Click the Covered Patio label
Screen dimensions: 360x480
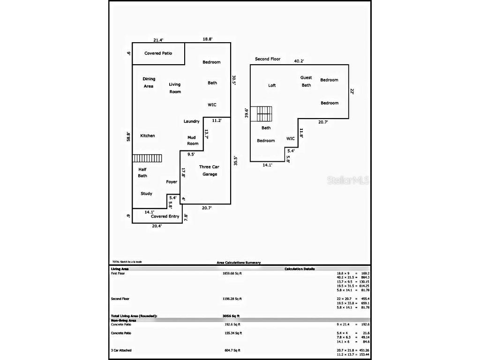tap(158, 53)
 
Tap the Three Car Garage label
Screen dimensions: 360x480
tap(209, 171)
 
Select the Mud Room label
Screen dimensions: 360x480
tap(193, 140)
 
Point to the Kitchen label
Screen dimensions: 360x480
tap(147, 136)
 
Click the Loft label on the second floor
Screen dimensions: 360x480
tap(272, 86)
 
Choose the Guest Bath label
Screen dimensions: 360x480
tap(306, 82)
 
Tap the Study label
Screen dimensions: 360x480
tap(146, 194)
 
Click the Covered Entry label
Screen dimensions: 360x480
tap(165, 217)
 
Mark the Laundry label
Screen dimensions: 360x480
tap(191, 121)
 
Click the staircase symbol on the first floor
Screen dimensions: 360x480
tap(147, 158)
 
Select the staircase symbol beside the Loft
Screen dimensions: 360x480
tap(261, 114)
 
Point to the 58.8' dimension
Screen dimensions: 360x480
tap(128, 136)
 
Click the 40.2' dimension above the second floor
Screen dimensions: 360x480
tap(299, 60)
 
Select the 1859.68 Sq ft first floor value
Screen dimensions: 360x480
tap(232, 273)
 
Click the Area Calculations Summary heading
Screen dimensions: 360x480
tap(239, 263)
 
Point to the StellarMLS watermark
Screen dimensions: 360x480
tap(348, 180)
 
